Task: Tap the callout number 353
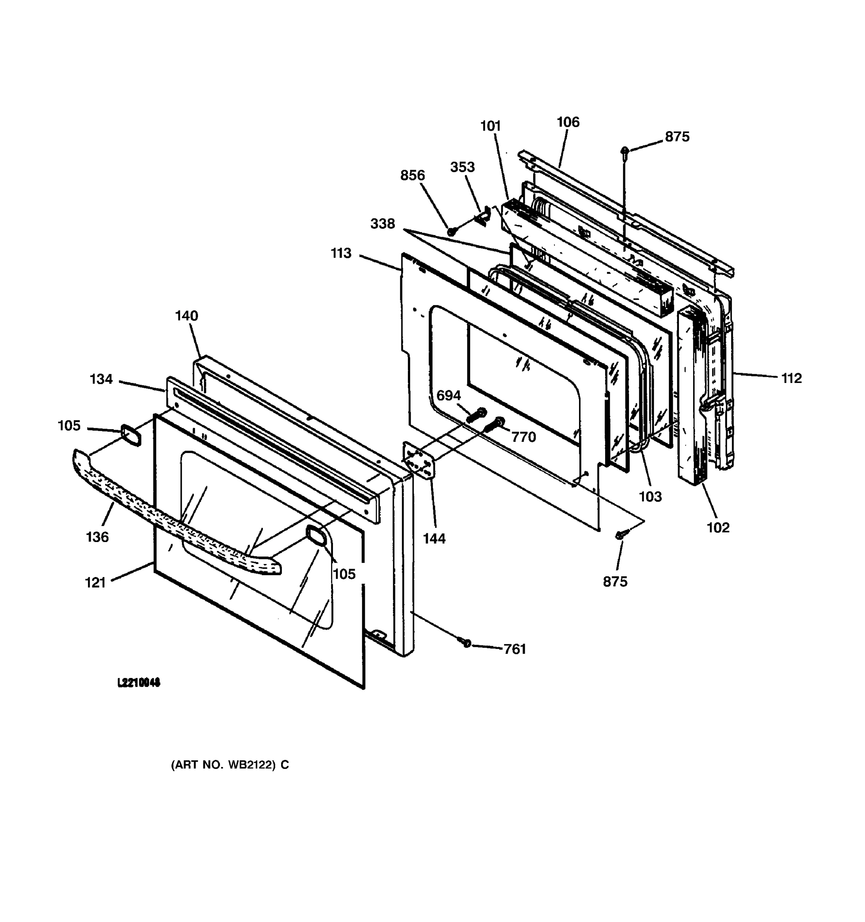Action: click(x=462, y=167)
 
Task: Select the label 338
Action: click(x=383, y=224)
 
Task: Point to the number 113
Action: click(x=341, y=253)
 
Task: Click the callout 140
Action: click(x=186, y=316)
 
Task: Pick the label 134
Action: click(x=101, y=380)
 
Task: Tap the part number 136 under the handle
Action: click(x=97, y=537)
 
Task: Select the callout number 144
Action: click(x=434, y=539)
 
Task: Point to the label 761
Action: click(x=515, y=649)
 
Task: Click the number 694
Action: click(x=448, y=396)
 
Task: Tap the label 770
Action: click(x=524, y=437)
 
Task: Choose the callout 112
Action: click(x=791, y=378)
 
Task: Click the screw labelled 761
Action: click(x=466, y=643)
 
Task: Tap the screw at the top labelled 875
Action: click(x=625, y=151)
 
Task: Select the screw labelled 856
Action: click(x=450, y=230)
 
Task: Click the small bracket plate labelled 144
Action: click(x=419, y=461)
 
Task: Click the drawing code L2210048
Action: click(x=138, y=683)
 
